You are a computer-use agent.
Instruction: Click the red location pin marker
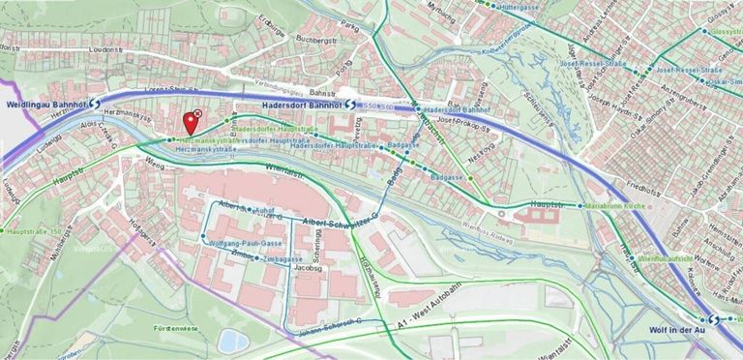pos(190,123)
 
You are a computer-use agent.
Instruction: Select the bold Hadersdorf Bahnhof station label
pos(301,104)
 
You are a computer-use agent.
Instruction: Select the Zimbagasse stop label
pos(287,259)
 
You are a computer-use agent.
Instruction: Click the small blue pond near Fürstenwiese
pos(232,340)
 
